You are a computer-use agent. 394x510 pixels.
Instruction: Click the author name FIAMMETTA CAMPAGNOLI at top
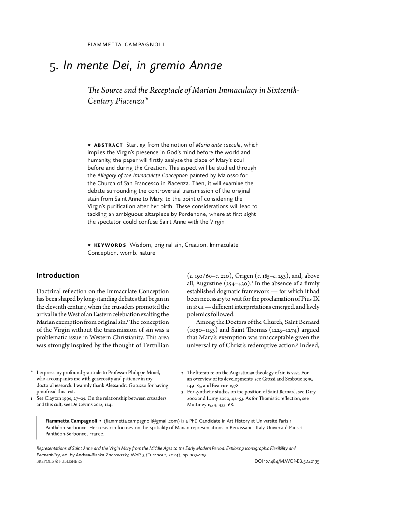[x=126, y=45]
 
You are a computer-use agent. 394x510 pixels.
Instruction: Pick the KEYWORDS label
[x=110, y=245]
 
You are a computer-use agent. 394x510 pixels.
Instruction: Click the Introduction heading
[x=57, y=276]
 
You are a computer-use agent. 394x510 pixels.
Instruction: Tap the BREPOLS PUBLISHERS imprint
[x=59, y=461]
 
